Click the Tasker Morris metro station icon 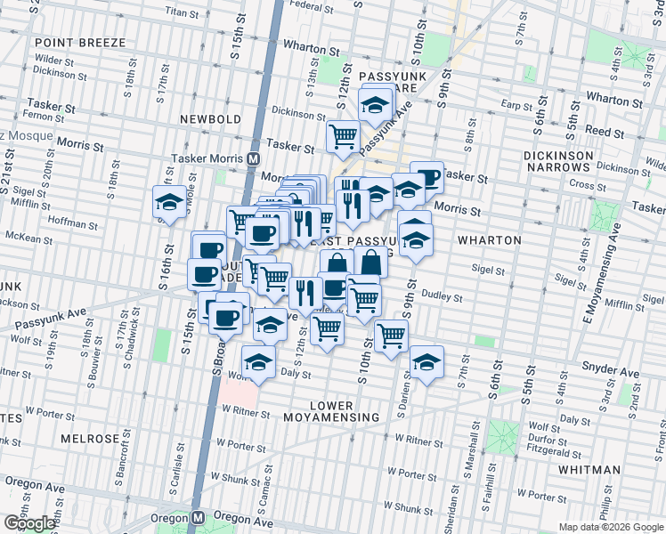tap(254, 158)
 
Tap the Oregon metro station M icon tap(199, 517)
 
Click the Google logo tap(28, 523)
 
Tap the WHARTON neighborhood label tap(489, 239)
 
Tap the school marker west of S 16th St tap(169, 201)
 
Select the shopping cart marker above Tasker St tap(343, 136)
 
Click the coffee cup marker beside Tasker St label tap(426, 176)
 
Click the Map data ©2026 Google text tap(612, 527)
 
